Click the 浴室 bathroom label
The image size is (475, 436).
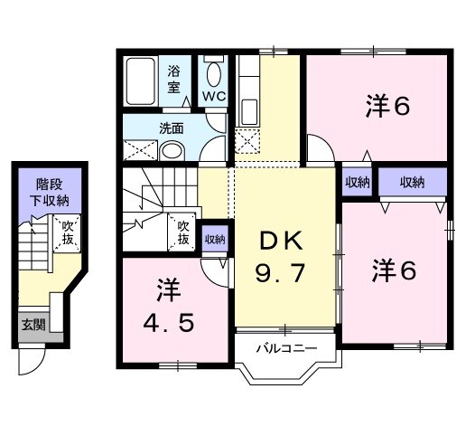tap(173, 80)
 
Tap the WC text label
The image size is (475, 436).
tap(214, 96)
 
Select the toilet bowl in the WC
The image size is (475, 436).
tap(214, 74)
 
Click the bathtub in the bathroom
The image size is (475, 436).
tap(141, 81)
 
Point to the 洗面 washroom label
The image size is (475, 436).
tap(172, 128)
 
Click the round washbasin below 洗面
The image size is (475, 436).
tap(172, 151)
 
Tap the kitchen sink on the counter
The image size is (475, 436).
tap(249, 111)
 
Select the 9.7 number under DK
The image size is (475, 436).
tap(280, 273)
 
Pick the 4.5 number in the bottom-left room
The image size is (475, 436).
tap(169, 323)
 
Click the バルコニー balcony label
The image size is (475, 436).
tap(286, 348)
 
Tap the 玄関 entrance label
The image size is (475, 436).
tap(33, 326)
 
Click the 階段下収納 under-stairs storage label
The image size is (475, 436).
tap(49, 193)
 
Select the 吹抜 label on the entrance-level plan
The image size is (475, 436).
tap(68, 232)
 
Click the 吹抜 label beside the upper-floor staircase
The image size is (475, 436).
tap(183, 232)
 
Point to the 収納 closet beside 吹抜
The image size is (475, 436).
tap(215, 240)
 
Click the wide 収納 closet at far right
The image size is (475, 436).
tap(413, 183)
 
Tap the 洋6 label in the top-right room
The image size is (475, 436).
tap(387, 106)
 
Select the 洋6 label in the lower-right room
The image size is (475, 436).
tap(394, 270)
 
